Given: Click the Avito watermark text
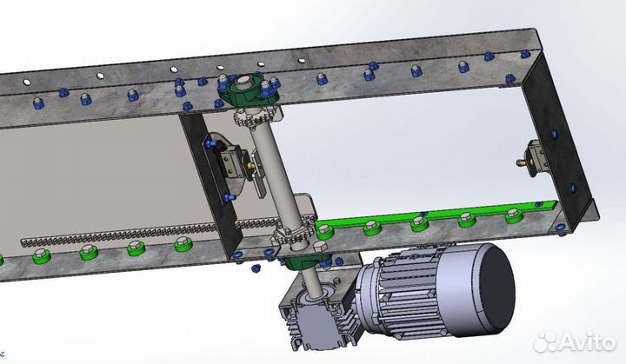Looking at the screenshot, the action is click(586, 342).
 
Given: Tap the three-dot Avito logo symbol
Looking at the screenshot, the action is click(546, 342).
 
